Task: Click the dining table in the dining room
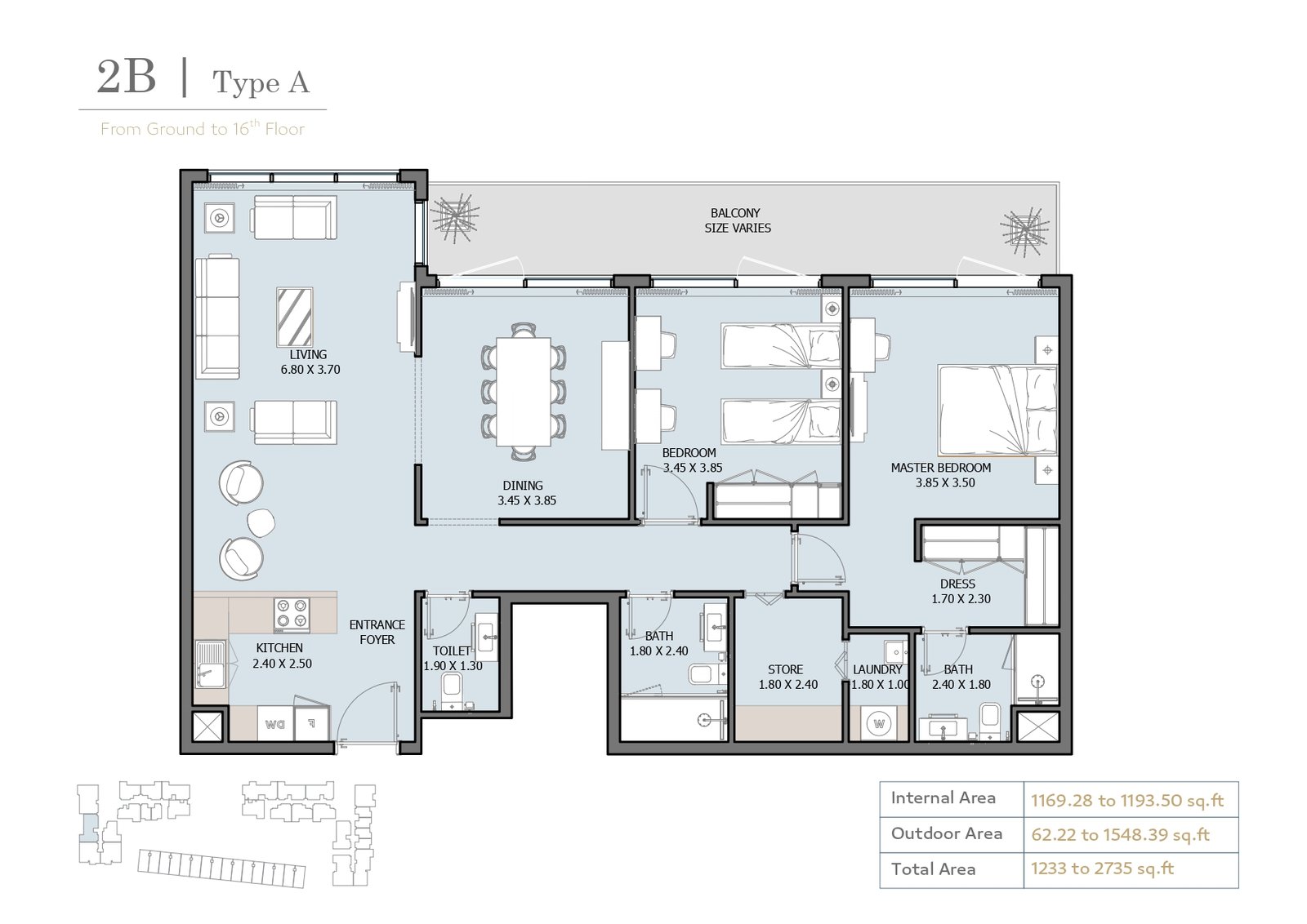[x=524, y=392]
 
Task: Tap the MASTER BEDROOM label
[x=940, y=468]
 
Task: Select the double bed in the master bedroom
[x=997, y=410]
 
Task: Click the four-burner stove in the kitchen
[x=292, y=615]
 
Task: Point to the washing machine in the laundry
[x=879, y=724]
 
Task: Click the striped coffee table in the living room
[x=294, y=317]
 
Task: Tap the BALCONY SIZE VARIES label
[x=737, y=220]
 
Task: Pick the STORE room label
[x=785, y=669]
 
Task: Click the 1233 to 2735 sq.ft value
[x=1102, y=868]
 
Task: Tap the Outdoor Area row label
[x=947, y=833]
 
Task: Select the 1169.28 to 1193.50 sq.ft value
[x=1126, y=801]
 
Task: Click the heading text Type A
[x=261, y=82]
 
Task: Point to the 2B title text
[x=126, y=77]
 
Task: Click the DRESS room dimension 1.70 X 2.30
[x=961, y=598]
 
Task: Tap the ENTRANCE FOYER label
[x=377, y=632]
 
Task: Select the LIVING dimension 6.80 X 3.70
[x=310, y=370]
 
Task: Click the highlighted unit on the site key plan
[x=88, y=828]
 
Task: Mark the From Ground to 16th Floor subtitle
[x=203, y=128]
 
